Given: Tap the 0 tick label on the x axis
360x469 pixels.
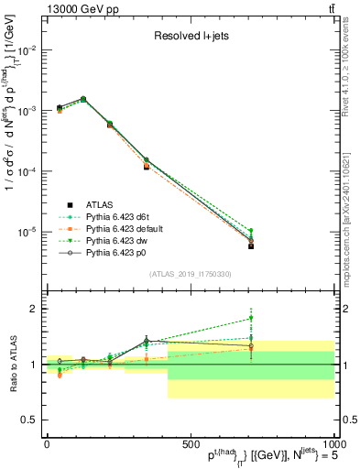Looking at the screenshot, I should (x=47, y=444).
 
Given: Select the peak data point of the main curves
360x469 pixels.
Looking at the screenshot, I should (x=83, y=99).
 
